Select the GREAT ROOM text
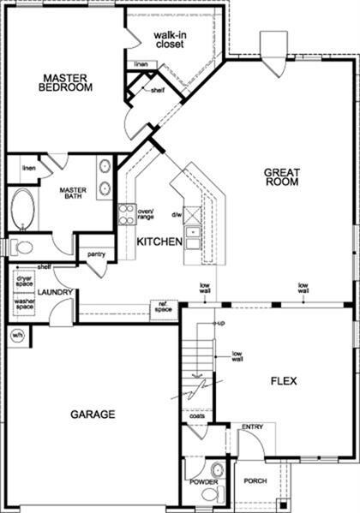pos(280,176)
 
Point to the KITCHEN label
pos(159,242)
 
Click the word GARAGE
pos(93,414)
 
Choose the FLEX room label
pos(283,380)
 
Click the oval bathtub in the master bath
pos(23,209)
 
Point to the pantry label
pos(96,254)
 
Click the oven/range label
pos(146,214)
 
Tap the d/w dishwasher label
pos(177,214)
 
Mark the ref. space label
pos(163,307)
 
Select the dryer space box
pos(23,281)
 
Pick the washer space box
pos(23,303)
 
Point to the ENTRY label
pos(252,427)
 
